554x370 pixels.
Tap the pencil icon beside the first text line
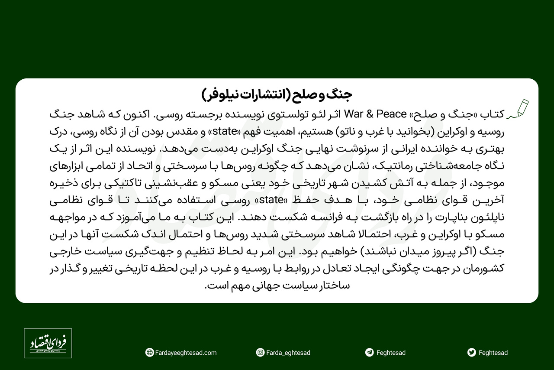tap(519, 109)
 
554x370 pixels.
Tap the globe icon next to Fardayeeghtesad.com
tap(150, 353)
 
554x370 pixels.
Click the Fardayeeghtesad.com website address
tap(186, 353)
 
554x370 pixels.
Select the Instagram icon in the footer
tap(260, 353)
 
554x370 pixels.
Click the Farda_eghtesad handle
tap(288, 353)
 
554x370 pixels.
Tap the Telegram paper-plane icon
tap(369, 353)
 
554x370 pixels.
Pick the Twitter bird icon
tap(472, 353)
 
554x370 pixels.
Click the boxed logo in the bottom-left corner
tap(48, 344)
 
